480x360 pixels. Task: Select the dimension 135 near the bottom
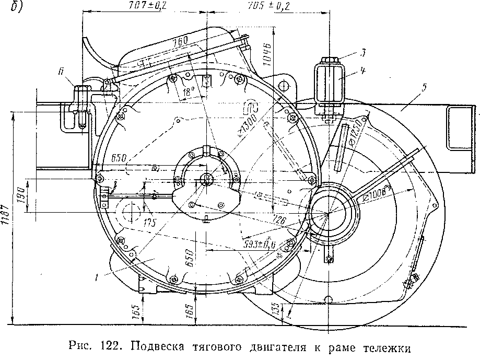click(x=275, y=308)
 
